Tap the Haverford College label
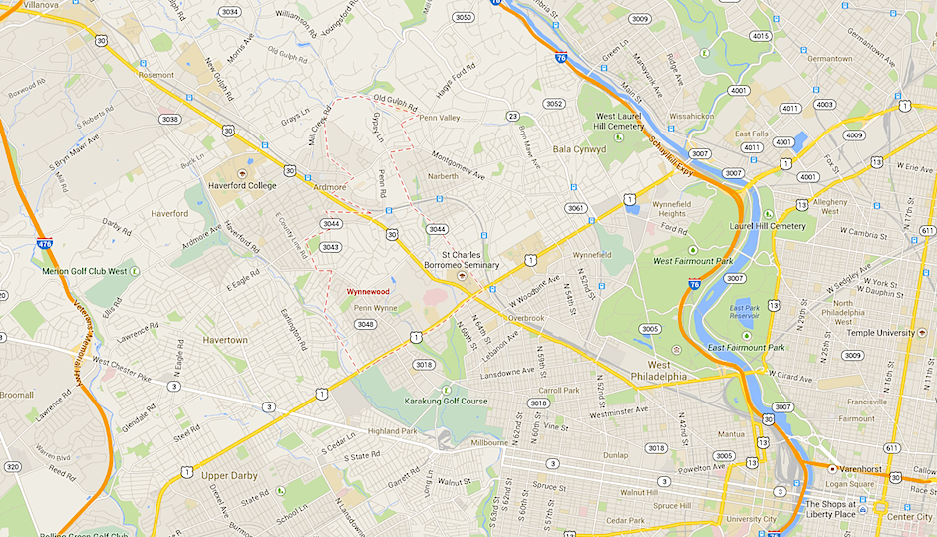[241, 184]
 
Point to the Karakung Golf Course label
[446, 401]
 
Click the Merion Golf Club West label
[85, 270]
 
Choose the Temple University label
[880, 331]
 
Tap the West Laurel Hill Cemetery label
[613, 121]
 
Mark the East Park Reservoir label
[744, 312]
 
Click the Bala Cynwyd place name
[579, 149]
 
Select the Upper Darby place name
[230, 475]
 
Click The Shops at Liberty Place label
[837, 509]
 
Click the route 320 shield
[12, 465]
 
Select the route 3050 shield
[463, 17]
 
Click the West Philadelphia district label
[653, 370]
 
